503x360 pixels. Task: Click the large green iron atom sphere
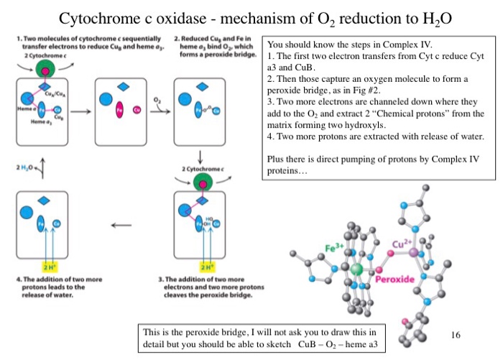(356, 269)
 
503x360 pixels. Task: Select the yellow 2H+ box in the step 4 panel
(50, 265)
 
